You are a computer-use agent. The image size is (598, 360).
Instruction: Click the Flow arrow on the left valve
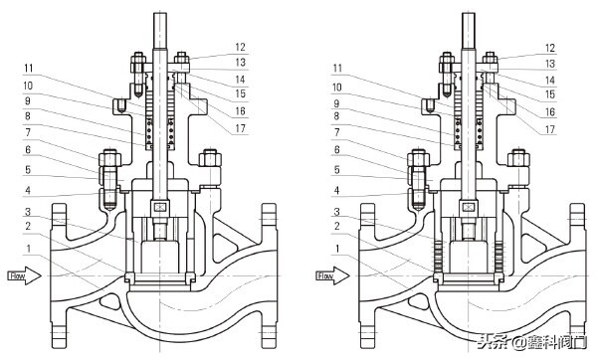coord(25,275)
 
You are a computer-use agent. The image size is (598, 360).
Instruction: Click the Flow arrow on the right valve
coord(332,275)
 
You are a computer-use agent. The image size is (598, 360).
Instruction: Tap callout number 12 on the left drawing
coord(240,47)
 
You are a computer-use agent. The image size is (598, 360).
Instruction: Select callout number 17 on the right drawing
coord(549,129)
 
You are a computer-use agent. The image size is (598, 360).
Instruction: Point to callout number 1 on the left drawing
coord(28,249)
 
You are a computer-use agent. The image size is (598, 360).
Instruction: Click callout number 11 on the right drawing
coord(337,69)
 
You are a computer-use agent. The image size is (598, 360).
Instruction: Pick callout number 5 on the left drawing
coord(28,169)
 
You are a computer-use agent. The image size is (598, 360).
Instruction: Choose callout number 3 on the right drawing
coord(336,211)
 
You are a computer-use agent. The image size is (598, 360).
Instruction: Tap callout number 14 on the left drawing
coord(240,80)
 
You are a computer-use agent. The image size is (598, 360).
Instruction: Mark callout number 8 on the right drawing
coord(336,115)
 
